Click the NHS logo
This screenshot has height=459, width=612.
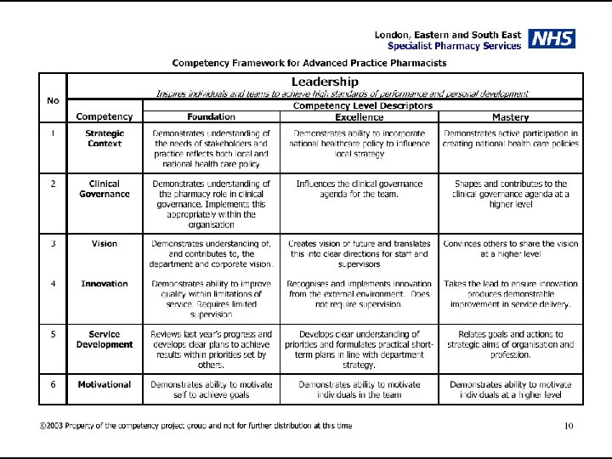552,39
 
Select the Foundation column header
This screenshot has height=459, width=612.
212,116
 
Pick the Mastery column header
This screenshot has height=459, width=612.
510,116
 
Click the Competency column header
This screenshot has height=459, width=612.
105,116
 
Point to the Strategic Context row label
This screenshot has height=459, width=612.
105,139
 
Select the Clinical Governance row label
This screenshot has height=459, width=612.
105,189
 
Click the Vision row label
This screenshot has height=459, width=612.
105,244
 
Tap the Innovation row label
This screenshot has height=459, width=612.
105,284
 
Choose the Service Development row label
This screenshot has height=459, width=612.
105,339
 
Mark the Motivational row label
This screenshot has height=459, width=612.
105,384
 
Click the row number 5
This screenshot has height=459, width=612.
53,334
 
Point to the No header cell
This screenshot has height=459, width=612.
53,100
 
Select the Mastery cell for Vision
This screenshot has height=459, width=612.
510,249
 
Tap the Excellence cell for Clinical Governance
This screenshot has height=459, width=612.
359,189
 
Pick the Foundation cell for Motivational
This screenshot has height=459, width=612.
212,389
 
